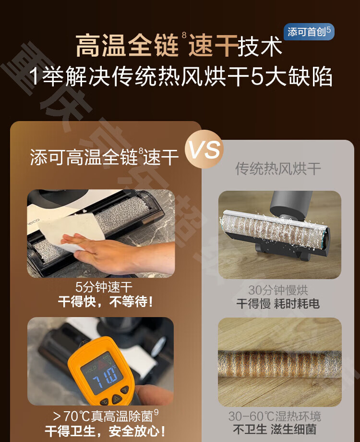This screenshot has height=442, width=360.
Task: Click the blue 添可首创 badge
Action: click(309, 32)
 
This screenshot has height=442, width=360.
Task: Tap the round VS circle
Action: click(204, 150)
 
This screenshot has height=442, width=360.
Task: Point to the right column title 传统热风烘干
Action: click(278, 169)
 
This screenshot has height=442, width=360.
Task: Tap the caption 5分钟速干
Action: click(104, 288)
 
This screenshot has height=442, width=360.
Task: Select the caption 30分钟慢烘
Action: click(278, 290)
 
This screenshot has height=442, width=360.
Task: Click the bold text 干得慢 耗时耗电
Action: click(278, 304)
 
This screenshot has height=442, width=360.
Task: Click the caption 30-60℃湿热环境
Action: click(278, 416)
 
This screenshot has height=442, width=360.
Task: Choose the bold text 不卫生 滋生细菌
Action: click(278, 430)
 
